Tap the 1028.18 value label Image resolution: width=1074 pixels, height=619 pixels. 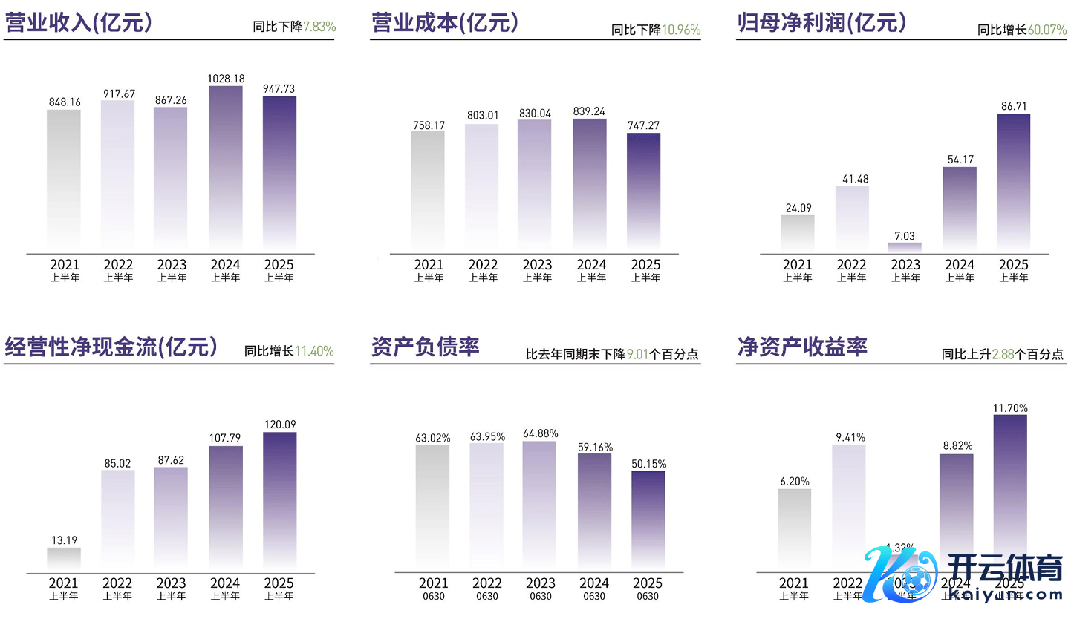coord(226,79)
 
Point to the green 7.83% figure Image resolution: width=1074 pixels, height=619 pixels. coord(319,27)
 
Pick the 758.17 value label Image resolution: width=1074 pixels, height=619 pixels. coord(429,125)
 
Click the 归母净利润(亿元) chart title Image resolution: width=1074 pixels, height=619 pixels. coord(821,23)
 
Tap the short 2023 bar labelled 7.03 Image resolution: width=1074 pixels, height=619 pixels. coord(905,246)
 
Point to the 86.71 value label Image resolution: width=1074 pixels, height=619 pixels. coord(1014,106)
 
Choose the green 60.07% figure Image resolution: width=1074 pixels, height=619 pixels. coord(1047,30)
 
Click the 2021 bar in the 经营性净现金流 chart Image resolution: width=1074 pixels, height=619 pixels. coord(64,560)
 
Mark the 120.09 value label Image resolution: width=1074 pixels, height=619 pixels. coord(280,425)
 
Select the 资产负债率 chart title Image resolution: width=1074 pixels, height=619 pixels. coord(425,347)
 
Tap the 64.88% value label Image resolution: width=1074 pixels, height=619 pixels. coord(541,433)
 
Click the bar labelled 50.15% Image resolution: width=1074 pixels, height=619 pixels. coord(649,521)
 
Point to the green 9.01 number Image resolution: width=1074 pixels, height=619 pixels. coord(638,355)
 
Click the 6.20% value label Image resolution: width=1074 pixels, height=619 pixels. coord(794,481)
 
